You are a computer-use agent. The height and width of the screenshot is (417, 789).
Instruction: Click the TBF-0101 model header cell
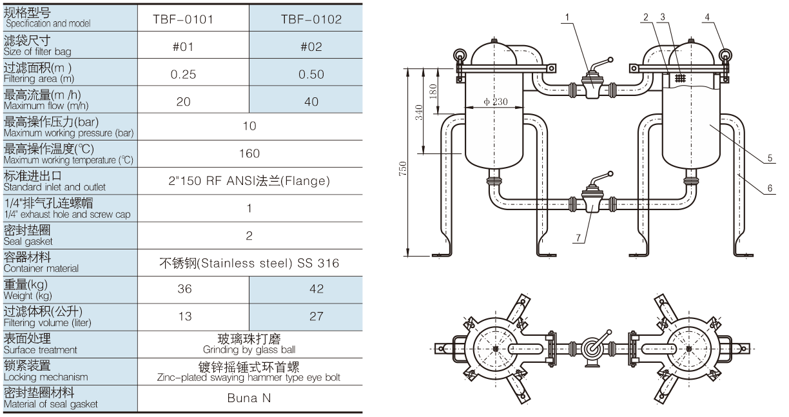183,19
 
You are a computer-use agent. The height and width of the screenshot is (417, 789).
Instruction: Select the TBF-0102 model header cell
311,19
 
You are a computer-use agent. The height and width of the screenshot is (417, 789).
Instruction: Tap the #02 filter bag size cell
311,46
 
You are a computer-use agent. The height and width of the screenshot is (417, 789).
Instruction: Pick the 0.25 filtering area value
183,74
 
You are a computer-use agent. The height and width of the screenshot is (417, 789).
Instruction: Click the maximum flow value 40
311,102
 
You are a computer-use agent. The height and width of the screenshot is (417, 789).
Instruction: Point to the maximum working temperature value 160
249,153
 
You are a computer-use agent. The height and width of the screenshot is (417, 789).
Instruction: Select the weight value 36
184,289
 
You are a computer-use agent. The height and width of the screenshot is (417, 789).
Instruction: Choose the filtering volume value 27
317,316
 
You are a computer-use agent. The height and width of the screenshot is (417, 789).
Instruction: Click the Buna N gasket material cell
249,398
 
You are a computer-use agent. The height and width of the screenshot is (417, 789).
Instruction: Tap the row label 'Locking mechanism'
46,377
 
